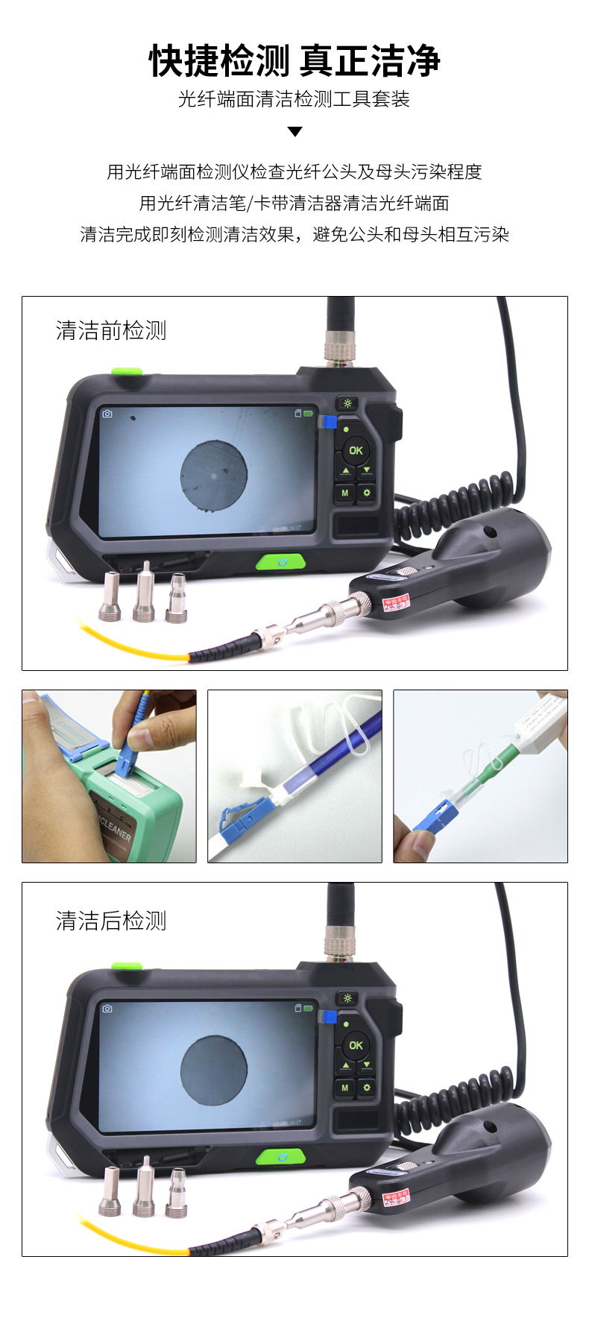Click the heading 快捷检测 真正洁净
(x=294, y=61)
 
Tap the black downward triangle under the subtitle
(x=294, y=132)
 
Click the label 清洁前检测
(x=111, y=330)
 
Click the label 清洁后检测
(x=111, y=921)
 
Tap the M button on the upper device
(x=344, y=493)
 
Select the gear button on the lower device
(x=367, y=1088)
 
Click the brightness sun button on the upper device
(x=347, y=404)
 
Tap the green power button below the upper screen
(x=281, y=562)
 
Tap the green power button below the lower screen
(x=281, y=1157)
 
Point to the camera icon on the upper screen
(x=107, y=414)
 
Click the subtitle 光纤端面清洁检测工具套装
(x=294, y=99)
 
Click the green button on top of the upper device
(x=127, y=371)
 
